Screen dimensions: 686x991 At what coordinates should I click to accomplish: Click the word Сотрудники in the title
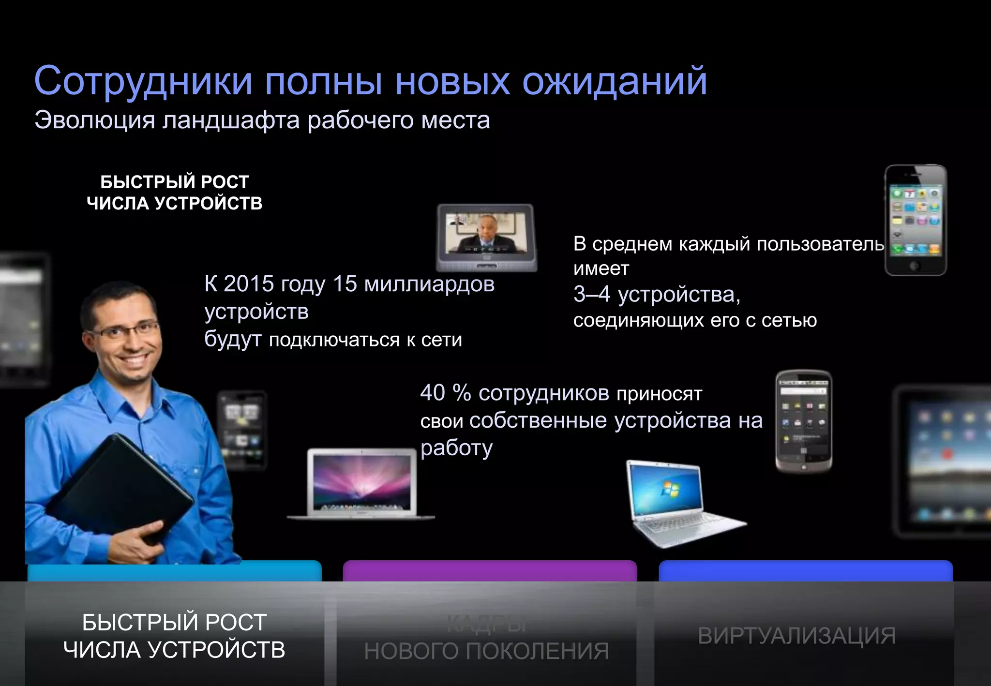(143, 81)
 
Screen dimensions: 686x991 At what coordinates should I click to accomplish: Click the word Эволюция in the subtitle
(95, 120)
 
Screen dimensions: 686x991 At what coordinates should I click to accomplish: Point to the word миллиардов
(429, 284)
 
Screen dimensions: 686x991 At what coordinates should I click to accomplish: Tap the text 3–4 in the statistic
(591, 294)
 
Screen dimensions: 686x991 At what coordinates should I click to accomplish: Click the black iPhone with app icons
(916, 220)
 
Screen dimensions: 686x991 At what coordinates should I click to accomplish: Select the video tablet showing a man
(486, 237)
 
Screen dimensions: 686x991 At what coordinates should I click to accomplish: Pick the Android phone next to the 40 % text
(803, 421)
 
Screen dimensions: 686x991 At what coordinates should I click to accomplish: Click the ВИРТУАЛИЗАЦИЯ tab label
(796, 636)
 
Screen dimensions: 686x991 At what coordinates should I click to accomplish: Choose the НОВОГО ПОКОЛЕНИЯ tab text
(486, 651)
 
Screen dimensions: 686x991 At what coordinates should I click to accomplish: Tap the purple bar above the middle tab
(490, 571)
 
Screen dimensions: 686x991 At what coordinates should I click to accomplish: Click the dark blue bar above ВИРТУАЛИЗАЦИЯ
(806, 571)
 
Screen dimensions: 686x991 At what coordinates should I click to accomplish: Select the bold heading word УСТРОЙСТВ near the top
(208, 203)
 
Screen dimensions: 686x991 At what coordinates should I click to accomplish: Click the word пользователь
(820, 244)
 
